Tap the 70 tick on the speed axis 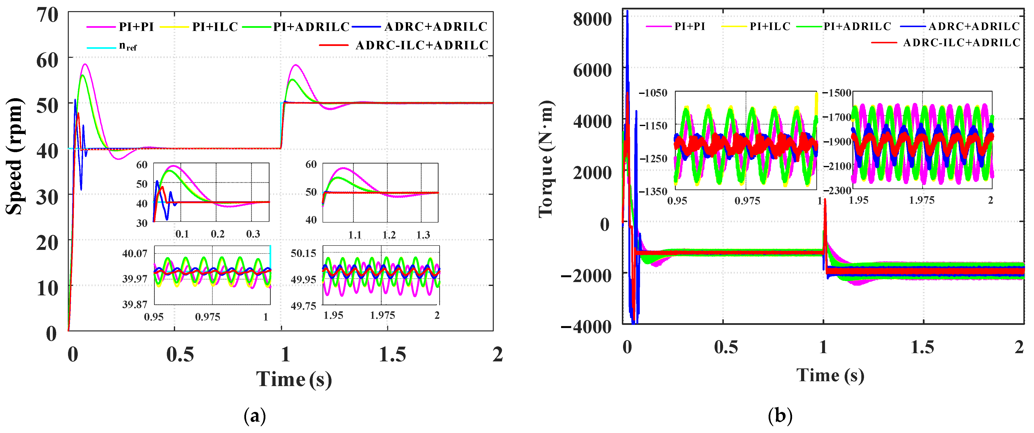[47, 15]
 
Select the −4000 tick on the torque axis [586, 327]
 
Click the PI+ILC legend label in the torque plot [770, 26]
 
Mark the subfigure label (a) [255, 416]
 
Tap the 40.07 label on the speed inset [135, 253]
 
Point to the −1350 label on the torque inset [653, 191]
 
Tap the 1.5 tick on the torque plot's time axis [922, 347]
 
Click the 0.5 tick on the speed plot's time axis [180, 354]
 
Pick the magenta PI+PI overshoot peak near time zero [85, 64]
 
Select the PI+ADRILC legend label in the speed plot [311, 27]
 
